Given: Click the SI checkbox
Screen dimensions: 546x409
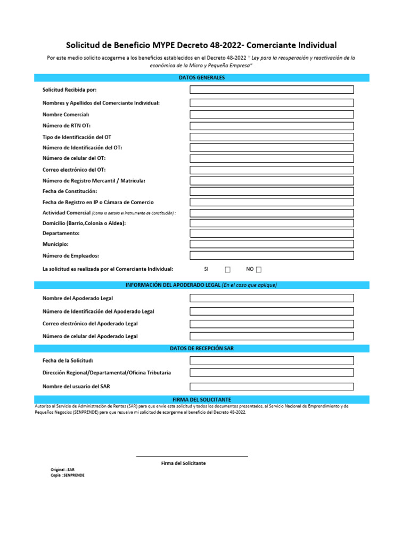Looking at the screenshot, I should point(227,270).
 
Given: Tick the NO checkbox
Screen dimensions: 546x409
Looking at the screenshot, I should point(259,270).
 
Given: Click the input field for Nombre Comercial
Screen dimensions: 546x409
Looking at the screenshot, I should point(272,114).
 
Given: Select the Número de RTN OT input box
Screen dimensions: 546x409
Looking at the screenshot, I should point(272,126).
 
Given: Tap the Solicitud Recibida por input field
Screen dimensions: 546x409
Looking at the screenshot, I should point(272,90).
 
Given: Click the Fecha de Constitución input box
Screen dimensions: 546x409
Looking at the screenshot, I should point(272,191).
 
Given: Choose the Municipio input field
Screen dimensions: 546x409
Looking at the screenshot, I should point(272,244).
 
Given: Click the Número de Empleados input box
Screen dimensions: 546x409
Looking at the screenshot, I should point(272,255).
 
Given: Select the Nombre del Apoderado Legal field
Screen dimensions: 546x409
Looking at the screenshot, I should point(272,298).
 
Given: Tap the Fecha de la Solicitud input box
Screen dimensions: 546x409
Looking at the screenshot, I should point(272,360).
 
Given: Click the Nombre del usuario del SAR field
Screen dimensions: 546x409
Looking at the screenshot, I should point(272,386).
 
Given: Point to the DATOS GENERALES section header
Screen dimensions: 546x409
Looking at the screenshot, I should point(202,78).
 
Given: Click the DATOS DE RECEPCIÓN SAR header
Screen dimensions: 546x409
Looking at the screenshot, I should point(202,348).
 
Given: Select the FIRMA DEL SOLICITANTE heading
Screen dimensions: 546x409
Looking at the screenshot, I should point(202,399).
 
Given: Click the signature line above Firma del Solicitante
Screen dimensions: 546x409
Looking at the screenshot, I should point(192,456).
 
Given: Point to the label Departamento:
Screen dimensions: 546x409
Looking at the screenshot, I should point(61,233).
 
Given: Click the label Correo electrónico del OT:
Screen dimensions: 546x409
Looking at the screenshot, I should point(70,170).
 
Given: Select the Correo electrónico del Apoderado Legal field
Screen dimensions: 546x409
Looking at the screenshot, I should point(272,324).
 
